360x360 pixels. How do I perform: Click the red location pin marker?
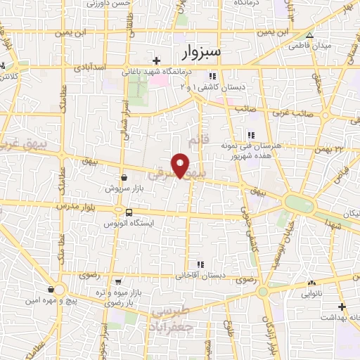point(181,164)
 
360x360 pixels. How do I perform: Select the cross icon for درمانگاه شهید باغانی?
point(156,60)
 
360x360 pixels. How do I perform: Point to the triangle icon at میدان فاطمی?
point(309,35)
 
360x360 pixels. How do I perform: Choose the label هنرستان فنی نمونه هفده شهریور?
point(250,149)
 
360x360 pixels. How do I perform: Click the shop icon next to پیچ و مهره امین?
point(51,289)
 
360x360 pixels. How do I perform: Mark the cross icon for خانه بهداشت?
point(342,307)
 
